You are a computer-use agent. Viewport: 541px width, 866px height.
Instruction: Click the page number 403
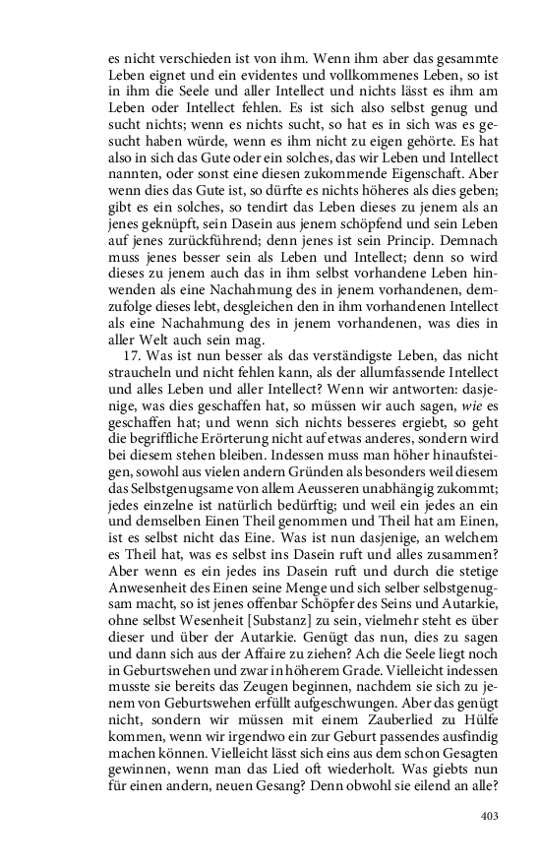[x=490, y=816]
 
